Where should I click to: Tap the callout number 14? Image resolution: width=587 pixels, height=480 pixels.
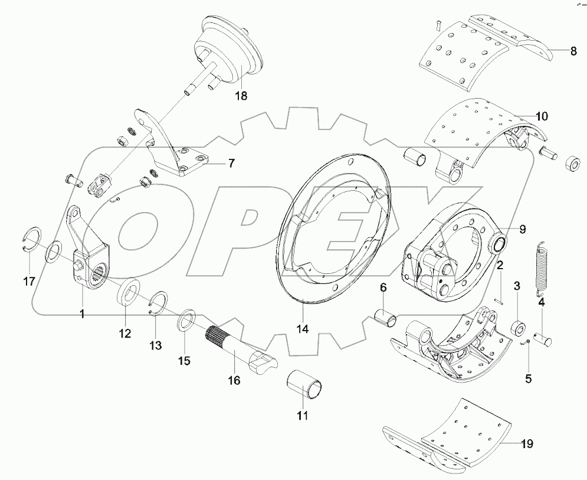[303, 329]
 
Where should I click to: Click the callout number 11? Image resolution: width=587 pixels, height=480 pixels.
[303, 415]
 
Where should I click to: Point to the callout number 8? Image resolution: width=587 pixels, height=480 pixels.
[573, 51]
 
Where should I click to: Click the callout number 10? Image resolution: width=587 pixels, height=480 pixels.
[542, 115]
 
